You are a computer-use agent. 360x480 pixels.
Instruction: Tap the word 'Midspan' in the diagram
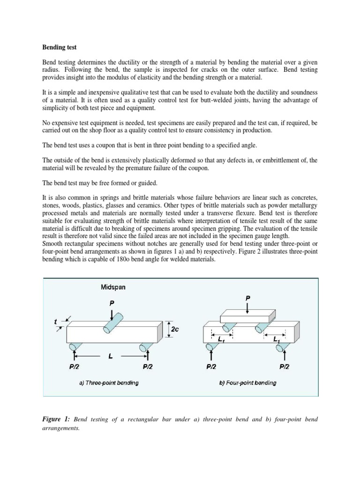(x=113, y=287)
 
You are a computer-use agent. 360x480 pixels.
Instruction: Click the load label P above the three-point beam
(x=112, y=303)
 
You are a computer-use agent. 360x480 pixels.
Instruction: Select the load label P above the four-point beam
(x=248, y=298)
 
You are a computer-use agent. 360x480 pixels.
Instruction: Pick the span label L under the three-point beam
(x=110, y=356)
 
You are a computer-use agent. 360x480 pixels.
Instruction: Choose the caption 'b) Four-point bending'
(x=247, y=382)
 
